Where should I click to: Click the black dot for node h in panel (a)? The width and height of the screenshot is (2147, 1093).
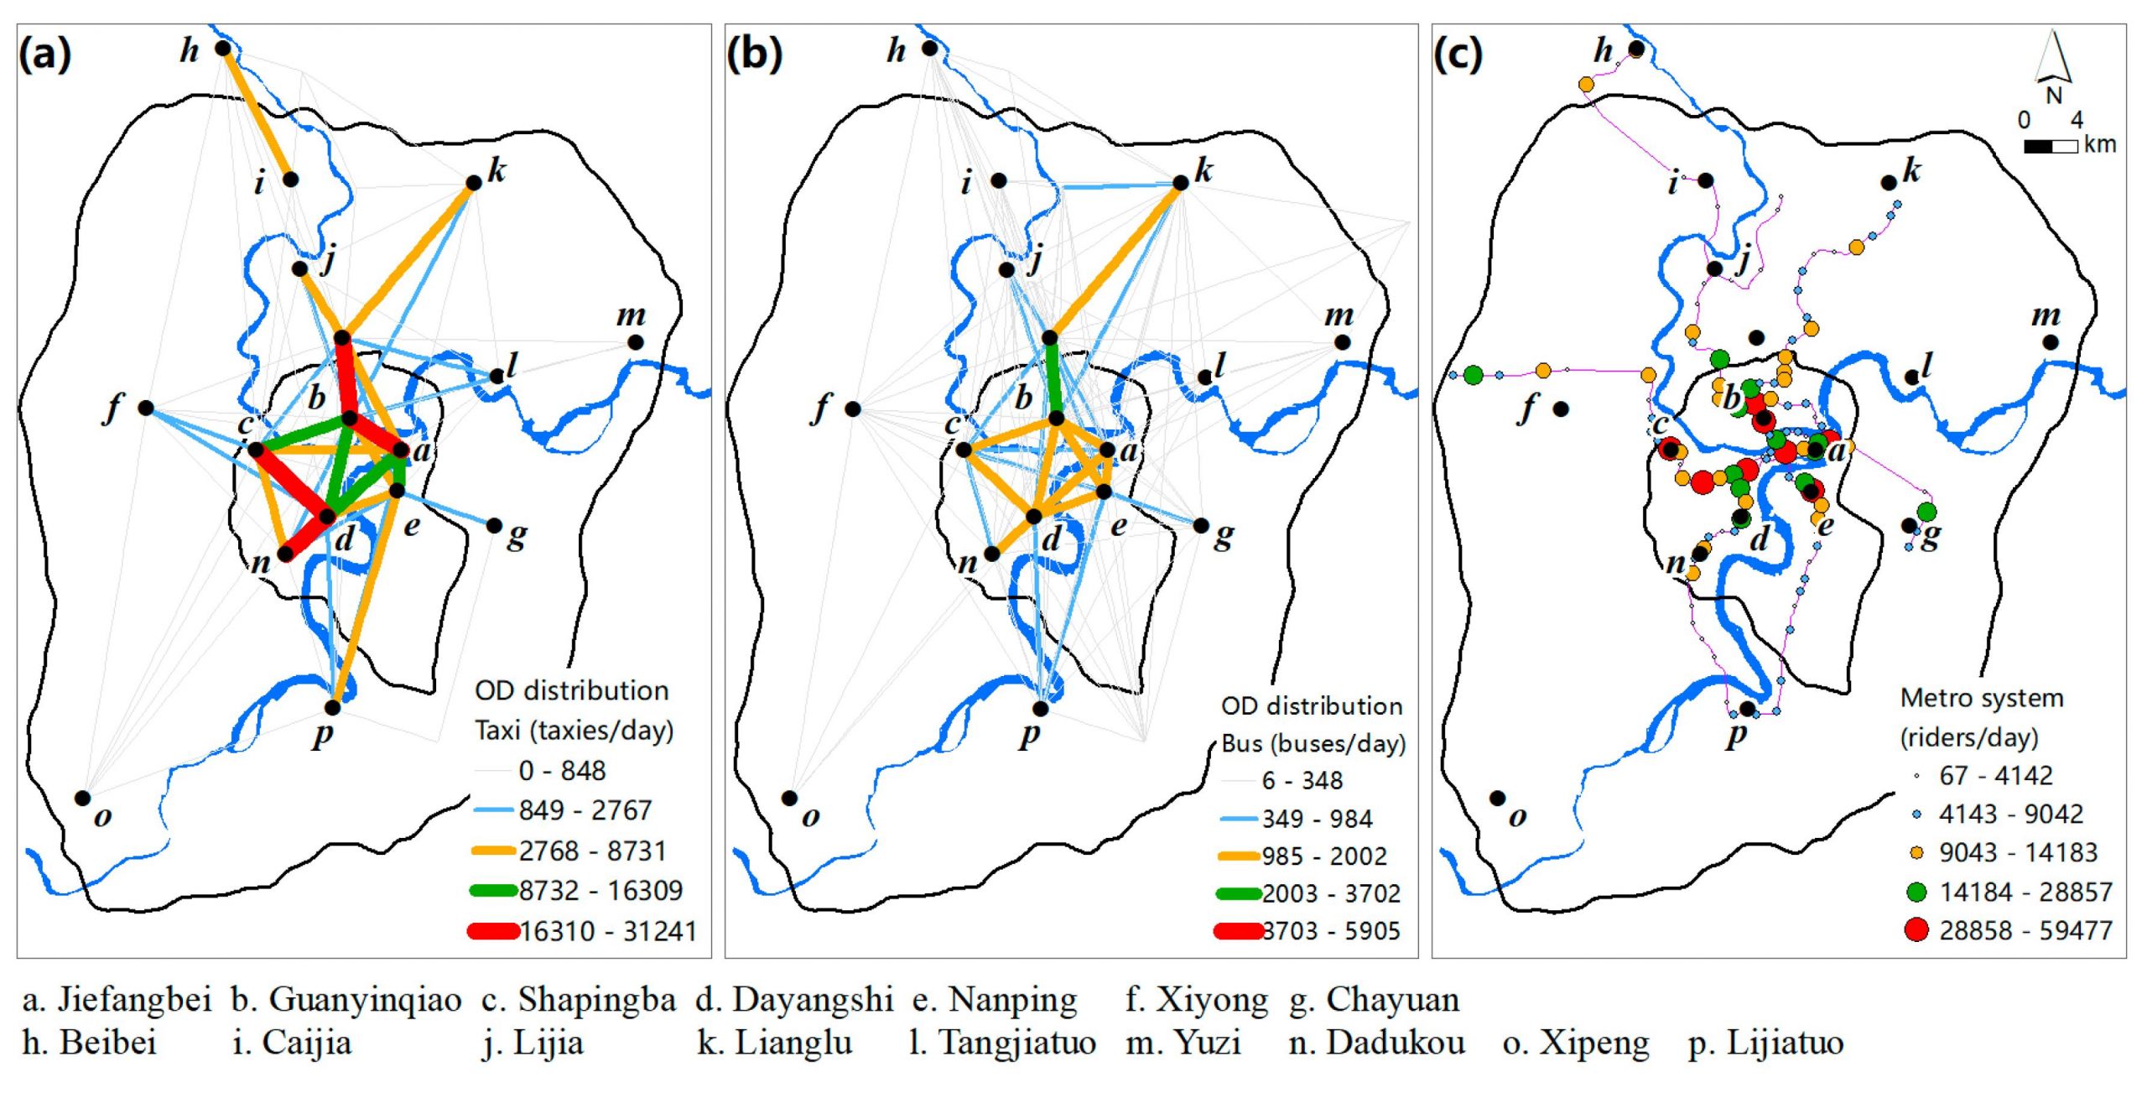tap(222, 49)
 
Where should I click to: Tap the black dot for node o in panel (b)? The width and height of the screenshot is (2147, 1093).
tap(789, 798)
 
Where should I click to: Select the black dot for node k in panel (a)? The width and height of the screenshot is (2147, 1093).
tap(474, 183)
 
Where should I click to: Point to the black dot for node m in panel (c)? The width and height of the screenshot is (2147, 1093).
tap(2051, 342)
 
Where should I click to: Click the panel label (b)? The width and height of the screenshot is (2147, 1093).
tap(754, 54)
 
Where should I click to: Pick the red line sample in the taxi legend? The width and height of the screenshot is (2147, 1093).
tap(493, 931)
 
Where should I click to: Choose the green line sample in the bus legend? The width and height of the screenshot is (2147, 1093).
tap(1238, 894)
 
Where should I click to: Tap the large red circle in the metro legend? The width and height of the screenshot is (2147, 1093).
tap(1916, 930)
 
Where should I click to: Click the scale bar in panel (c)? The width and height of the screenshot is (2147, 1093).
tap(2051, 147)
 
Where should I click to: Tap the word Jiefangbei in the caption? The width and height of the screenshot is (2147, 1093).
tap(134, 1000)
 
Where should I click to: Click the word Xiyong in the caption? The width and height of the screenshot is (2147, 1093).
tap(1213, 1001)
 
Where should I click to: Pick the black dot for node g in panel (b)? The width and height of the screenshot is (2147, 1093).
tap(1201, 526)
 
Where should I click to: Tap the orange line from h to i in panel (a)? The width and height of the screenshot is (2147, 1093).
tap(257, 114)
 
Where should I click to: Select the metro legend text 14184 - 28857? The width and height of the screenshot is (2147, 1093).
tap(2025, 892)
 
